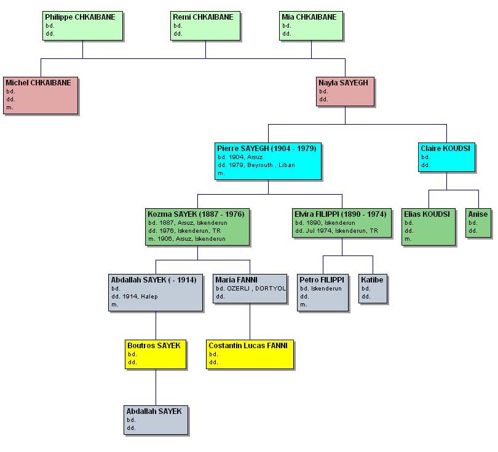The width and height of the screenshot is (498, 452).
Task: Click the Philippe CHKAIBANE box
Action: pos(83,26)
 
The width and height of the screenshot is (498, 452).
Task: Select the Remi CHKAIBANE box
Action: pos(206,26)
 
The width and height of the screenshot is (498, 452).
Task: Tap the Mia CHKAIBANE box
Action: pos(311,26)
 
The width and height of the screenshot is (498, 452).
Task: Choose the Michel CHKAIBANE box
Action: pos(41,95)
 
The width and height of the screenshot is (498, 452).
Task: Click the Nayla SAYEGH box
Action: pos(345,92)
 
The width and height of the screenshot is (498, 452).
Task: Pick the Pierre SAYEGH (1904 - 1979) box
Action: pos(268,161)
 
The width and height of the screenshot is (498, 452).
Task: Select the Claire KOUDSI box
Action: pos(447,157)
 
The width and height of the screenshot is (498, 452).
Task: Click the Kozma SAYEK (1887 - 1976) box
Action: pos(197,227)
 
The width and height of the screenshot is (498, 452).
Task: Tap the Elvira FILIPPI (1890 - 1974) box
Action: pos(341,223)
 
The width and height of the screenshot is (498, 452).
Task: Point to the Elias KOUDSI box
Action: pos(429,227)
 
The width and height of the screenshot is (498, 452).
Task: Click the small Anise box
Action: pos(478,223)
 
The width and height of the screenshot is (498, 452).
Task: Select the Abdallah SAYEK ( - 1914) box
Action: pos(156,292)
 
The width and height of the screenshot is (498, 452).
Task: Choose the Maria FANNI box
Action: pos(250,289)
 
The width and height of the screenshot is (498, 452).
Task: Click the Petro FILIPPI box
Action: pos(323,292)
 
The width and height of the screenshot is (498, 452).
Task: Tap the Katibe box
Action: pos(373,289)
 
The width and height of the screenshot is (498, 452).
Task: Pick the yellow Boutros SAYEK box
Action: pos(156,354)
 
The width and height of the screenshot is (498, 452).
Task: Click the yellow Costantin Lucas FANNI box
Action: pos(250,354)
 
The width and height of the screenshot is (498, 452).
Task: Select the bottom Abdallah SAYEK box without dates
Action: pos(156,420)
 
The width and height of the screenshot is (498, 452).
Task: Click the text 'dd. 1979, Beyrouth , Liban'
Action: pos(256,165)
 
